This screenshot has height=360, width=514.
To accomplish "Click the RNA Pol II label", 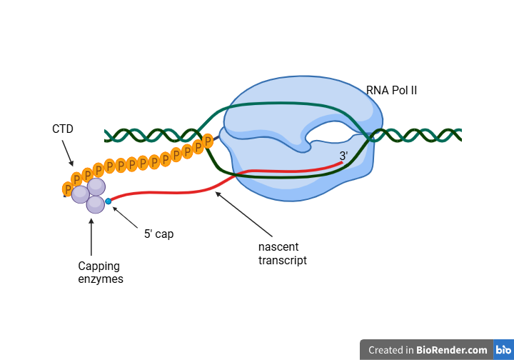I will tap(391, 90).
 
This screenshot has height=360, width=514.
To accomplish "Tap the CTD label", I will tap(63, 129).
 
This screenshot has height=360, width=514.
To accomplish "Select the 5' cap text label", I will tap(158, 234).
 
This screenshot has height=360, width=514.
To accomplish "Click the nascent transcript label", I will tap(282, 254).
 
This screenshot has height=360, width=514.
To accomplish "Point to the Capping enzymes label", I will tap(100, 272).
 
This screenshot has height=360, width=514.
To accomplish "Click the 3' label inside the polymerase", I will tap(343, 156).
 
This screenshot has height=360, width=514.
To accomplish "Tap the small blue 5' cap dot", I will tap(109, 201).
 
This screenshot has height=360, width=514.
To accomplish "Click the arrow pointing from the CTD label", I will tap(67, 153).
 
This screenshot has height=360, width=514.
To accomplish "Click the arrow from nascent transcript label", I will tap(243, 214).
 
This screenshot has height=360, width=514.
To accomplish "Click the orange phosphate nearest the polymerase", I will tap(208, 141).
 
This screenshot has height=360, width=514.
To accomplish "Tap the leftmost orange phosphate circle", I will tap(68, 189).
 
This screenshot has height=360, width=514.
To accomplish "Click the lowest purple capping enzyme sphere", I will tap(95, 205).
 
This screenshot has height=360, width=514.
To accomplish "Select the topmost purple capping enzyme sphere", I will tap(96, 187).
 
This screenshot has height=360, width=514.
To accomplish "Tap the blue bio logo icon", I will tap(503, 350).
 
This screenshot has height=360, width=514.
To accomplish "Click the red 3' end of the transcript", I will tap(338, 164).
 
